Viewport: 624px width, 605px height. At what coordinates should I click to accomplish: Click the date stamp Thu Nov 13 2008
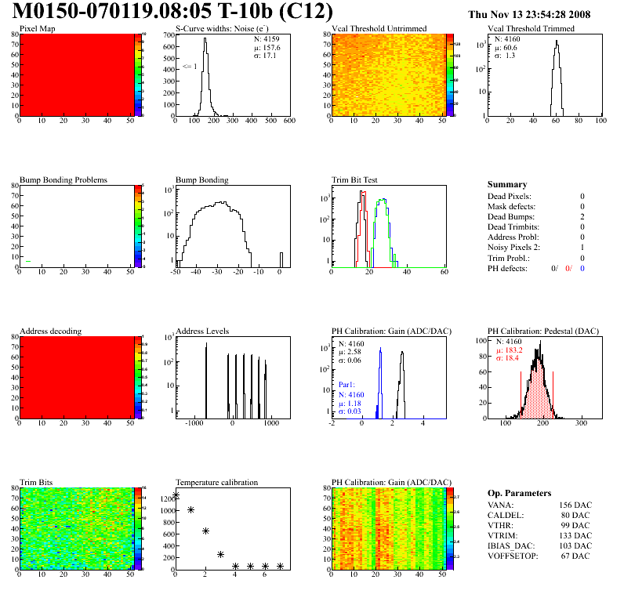point(528,14)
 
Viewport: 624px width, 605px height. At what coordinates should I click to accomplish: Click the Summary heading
point(507,184)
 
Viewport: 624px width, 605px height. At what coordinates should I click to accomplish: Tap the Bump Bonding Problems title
point(63,179)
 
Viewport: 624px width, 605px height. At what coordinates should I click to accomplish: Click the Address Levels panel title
point(202,331)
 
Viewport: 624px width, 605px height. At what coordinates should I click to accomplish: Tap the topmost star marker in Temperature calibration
point(176,495)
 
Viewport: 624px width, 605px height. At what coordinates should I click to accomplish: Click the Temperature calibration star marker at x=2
point(205,531)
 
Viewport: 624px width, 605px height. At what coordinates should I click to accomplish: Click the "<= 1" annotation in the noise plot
point(189,67)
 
